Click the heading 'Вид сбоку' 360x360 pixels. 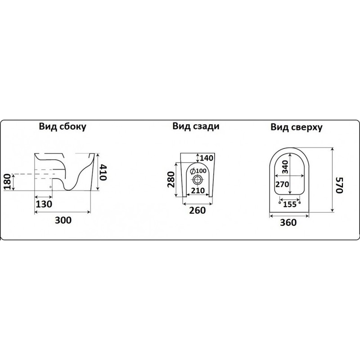(x=62, y=127)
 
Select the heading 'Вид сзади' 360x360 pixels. (x=196, y=126)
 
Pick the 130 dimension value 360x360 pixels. (x=44, y=203)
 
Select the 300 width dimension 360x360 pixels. (x=64, y=220)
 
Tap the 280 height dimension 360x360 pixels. (x=171, y=179)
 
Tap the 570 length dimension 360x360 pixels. (x=340, y=184)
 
